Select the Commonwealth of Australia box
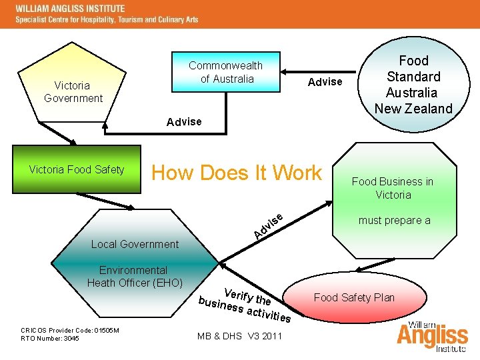[x=225, y=73]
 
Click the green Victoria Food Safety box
[x=77, y=169]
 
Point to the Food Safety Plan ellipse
[x=354, y=297]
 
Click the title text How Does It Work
[x=237, y=173]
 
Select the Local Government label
[x=135, y=244]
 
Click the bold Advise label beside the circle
[x=325, y=81]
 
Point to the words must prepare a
[x=394, y=220]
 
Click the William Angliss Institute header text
[x=70, y=9]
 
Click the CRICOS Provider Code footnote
[x=69, y=330]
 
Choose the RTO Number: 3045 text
[x=50, y=339]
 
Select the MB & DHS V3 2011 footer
[x=239, y=335]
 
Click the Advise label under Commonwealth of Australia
[x=184, y=121]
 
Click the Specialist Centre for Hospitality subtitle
[x=107, y=20]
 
